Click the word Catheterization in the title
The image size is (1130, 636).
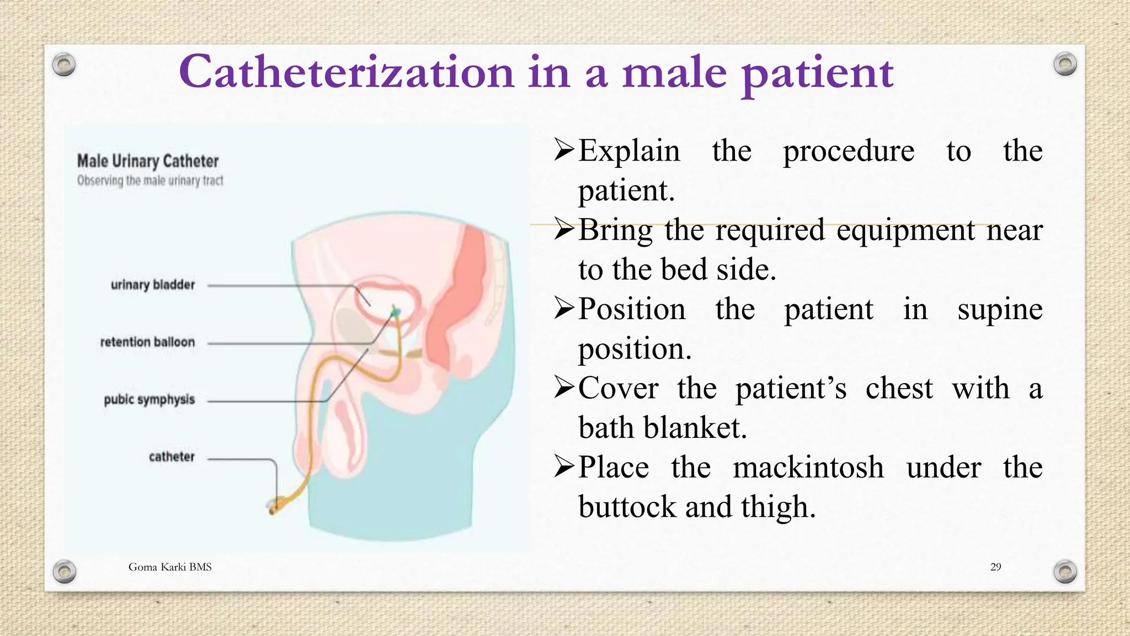[347, 72]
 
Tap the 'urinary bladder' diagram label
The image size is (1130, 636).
[153, 285]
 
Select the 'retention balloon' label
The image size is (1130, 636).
[147, 342]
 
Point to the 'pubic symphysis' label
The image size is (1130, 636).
[149, 400]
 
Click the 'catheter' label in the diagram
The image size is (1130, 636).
[172, 457]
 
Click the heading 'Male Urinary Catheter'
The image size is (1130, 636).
[148, 161]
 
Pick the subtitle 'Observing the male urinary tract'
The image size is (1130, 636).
[150, 181]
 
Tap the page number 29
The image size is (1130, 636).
[995, 567]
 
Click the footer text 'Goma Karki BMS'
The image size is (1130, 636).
[170, 567]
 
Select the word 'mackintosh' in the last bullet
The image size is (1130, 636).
[808, 468]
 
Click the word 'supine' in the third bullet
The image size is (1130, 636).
[1000, 309]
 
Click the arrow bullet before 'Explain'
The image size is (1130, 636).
[564, 150]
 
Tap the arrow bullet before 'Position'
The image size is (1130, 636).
[564, 309]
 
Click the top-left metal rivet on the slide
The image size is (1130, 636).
[64, 65]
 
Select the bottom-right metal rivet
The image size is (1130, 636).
[1065, 571]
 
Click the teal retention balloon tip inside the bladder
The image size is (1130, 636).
[395, 313]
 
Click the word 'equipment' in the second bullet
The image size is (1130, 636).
[905, 230]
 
